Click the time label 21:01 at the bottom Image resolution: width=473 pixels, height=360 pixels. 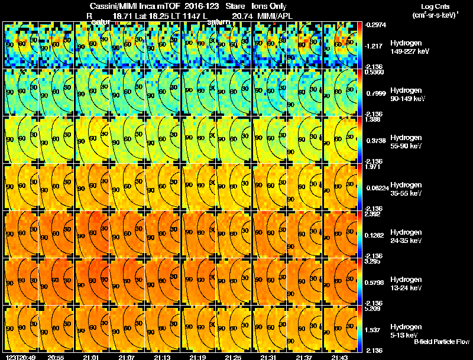coord(92,357)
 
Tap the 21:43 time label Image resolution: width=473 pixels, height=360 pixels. coord(339,357)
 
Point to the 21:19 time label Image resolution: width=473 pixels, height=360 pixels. coord(197,357)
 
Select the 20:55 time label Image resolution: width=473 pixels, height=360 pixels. coord(56,357)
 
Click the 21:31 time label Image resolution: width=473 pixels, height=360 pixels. coord(268,357)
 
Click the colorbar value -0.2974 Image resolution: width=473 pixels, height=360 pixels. coord(374,25)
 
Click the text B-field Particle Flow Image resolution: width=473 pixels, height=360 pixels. coord(442,342)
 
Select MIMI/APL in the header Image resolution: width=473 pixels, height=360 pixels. coord(275,16)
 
